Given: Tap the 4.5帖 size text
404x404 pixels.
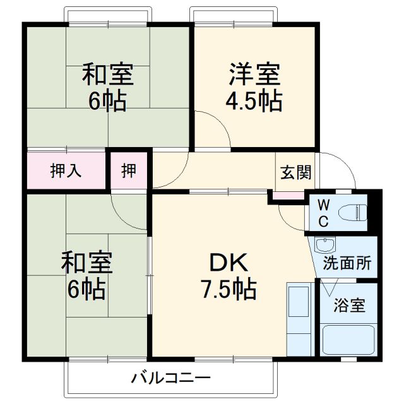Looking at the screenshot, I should click(254, 100).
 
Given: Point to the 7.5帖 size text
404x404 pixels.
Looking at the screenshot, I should click(229, 290).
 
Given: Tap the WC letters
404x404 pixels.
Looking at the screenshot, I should click(323, 213).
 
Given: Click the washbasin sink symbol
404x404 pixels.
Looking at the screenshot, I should click(326, 245).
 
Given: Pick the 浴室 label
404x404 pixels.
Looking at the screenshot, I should click(348, 306).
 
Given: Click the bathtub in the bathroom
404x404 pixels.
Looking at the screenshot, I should click(348, 340).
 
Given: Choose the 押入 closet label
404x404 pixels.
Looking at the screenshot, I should click(66, 171).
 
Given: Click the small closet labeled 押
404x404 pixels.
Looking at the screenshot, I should click(129, 170).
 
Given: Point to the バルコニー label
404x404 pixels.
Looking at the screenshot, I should click(170, 379).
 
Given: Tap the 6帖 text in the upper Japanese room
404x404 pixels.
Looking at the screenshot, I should click(107, 100).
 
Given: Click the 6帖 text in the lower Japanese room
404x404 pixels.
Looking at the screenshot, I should click(87, 290).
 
